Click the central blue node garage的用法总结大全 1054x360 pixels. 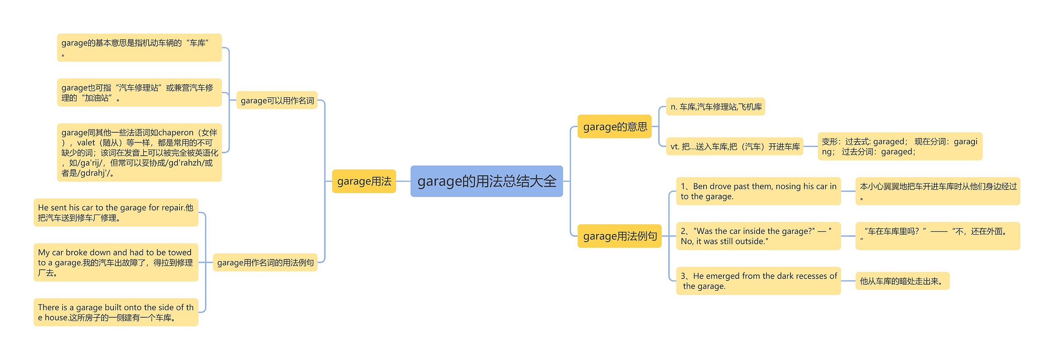coord(486,181)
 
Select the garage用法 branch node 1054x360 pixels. coord(364,181)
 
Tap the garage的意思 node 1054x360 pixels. coord(615,126)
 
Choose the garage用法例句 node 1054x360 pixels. coord(620,236)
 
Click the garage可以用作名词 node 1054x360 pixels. coord(277,101)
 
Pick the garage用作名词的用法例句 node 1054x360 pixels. coord(265,262)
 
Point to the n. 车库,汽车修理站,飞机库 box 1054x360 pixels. coord(716,107)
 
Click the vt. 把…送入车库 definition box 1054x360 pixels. coord(735,147)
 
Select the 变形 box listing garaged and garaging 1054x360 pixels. coord(900,147)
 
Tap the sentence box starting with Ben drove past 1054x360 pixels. coord(758,191)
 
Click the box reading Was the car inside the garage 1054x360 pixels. coord(758,236)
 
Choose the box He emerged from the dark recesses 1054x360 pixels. coord(758,281)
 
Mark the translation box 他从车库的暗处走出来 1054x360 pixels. coord(902,281)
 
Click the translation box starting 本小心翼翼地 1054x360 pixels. coord(937,191)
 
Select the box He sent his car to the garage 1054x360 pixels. coord(116,213)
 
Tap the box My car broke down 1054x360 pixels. coord(116,262)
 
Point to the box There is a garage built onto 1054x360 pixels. coord(116,312)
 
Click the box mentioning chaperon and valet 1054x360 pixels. coord(139,152)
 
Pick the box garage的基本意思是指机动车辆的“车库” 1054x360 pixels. coord(139,48)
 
